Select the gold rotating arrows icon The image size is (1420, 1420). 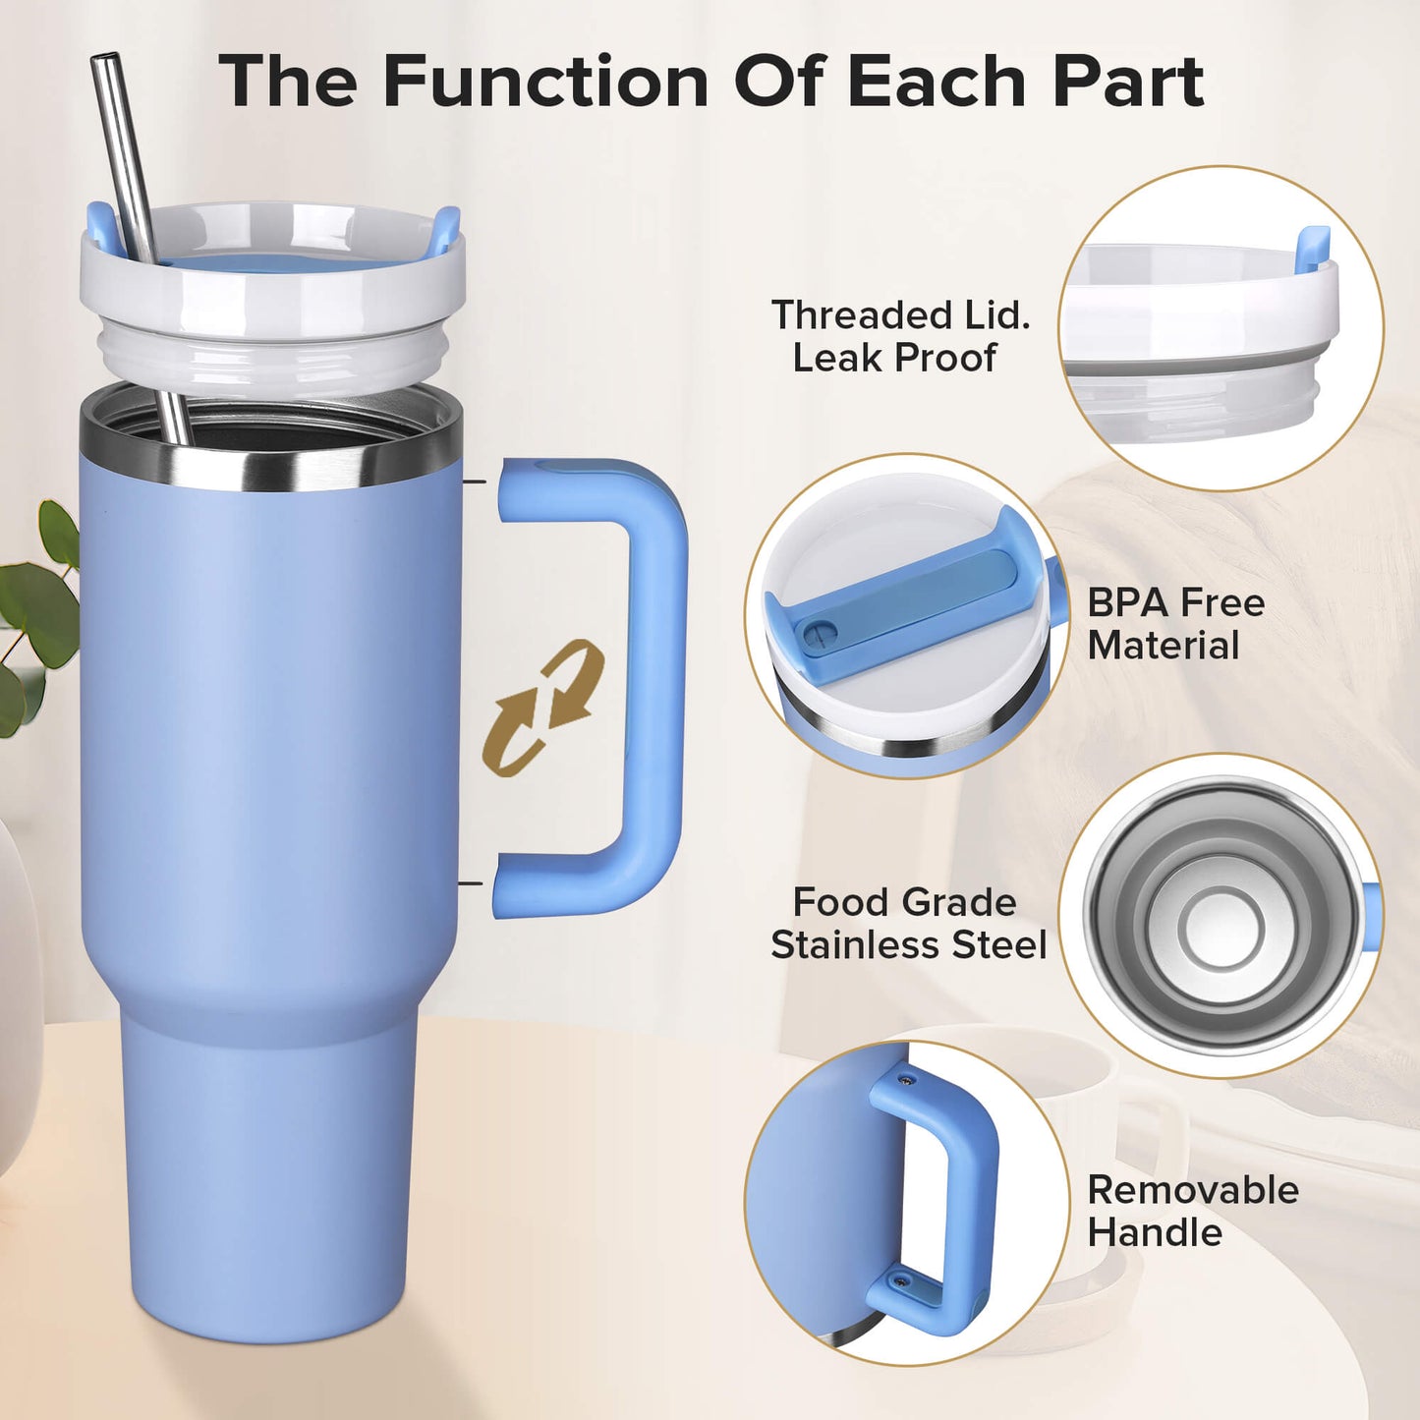pos(543,707)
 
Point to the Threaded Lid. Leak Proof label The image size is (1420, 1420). pos(899,336)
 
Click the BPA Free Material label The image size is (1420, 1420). pos(1175,624)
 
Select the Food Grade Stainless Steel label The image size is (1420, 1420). pos(908,924)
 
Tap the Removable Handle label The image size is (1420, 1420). pos(1192,1211)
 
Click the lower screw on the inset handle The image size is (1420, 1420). pos(899,1281)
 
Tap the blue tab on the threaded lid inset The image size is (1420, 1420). pos(1312,250)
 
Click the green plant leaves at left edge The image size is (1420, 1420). pos(39,609)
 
